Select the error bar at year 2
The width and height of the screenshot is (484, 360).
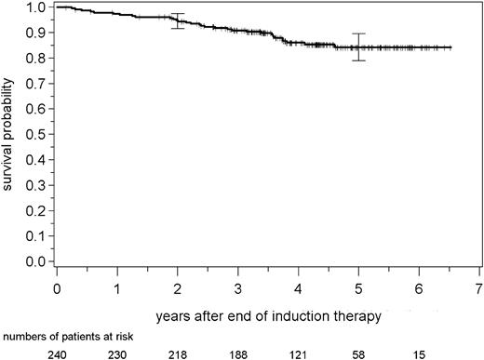point(178,20)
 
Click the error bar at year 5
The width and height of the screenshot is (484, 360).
point(358,47)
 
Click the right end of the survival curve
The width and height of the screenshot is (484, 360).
point(451,47)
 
